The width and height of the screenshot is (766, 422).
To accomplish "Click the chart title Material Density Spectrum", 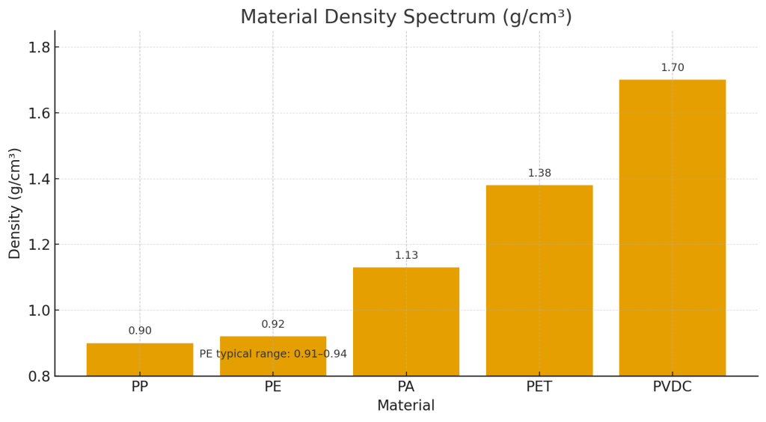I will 405,17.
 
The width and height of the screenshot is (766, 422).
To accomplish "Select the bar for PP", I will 140,360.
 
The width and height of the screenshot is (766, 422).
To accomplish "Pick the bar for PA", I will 406,322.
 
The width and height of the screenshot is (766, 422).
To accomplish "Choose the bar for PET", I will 539,281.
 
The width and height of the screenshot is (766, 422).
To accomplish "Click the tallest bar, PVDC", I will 672,228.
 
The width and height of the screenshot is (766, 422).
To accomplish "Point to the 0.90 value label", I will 140,331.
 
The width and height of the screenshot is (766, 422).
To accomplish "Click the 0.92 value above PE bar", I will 273,324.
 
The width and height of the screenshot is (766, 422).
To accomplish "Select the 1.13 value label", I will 406,255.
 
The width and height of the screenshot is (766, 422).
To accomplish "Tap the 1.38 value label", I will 539,173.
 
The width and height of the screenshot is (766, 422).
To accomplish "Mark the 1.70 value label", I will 672,67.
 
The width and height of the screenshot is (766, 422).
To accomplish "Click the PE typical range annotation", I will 273,354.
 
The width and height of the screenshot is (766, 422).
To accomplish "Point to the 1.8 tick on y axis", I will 39,47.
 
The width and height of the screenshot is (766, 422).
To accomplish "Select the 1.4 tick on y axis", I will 39,179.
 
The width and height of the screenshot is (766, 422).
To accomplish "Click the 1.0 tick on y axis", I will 39,311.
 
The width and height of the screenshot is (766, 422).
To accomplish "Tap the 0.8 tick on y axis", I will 39,376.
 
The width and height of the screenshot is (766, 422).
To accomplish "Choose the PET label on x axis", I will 539,387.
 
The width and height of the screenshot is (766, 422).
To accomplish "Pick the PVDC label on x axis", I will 672,387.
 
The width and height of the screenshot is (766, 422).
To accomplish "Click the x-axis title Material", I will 405,406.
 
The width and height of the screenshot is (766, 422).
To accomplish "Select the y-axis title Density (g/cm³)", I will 15,204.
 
